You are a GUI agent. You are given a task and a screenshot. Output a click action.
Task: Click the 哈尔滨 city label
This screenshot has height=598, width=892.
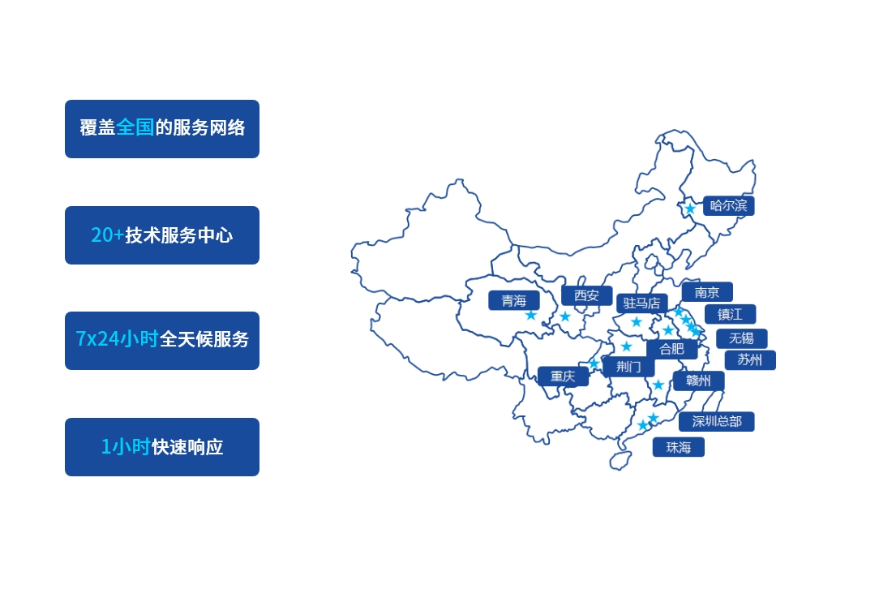coord(728,205)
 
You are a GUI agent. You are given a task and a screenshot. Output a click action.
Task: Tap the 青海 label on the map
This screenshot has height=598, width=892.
coord(513,300)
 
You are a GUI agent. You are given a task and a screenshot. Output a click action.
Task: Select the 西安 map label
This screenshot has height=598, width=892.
coord(586,295)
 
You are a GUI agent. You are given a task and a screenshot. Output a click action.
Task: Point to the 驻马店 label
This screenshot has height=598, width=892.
coord(642,303)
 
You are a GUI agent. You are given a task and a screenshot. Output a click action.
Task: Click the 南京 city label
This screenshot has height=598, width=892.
coord(707,292)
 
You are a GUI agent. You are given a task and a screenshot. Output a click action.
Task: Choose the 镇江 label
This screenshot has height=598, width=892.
coord(730,314)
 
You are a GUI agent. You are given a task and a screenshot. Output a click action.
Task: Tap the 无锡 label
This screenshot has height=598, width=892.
coord(741,338)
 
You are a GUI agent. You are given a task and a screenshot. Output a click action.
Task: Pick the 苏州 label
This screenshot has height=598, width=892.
coord(749,360)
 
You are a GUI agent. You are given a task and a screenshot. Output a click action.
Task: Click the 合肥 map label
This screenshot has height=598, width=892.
coord(671,349)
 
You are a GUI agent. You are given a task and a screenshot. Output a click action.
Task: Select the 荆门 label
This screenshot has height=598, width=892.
coord(628,367)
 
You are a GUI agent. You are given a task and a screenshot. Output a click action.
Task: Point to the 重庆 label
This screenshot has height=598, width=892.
coord(563,376)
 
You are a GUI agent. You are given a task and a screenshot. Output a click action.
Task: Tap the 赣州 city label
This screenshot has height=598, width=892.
coord(698,381)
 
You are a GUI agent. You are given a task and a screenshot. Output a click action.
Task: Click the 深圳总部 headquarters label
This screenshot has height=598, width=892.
coord(717,421)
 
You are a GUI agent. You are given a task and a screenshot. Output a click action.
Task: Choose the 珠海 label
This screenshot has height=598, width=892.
coord(679,447)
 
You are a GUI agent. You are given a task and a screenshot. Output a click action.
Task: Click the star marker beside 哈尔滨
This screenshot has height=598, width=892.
coord(690,209)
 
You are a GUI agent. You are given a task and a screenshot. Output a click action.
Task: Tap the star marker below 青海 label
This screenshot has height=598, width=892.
coord(531,315)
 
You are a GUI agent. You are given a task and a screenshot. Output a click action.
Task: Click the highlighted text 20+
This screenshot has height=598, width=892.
coord(107,235)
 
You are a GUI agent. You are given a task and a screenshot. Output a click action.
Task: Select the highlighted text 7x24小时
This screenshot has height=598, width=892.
coord(117,340)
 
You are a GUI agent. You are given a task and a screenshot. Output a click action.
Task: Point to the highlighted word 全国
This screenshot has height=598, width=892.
coord(135,127)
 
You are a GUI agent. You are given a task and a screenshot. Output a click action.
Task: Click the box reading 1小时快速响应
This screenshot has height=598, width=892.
coord(162,447)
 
